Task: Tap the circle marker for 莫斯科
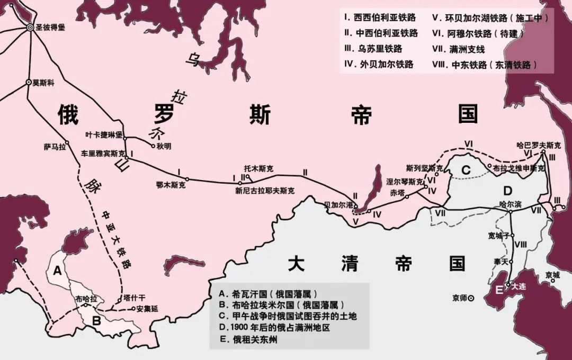pyautogui.click(x=28, y=82)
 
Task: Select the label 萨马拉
pyautogui.click(x=55, y=147)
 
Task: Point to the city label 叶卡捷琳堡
pyautogui.click(x=104, y=136)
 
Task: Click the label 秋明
pyautogui.click(x=165, y=146)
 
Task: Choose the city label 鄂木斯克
pyautogui.click(x=171, y=185)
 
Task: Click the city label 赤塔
pyautogui.click(x=397, y=192)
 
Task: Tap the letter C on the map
pyautogui.click(x=466, y=170)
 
